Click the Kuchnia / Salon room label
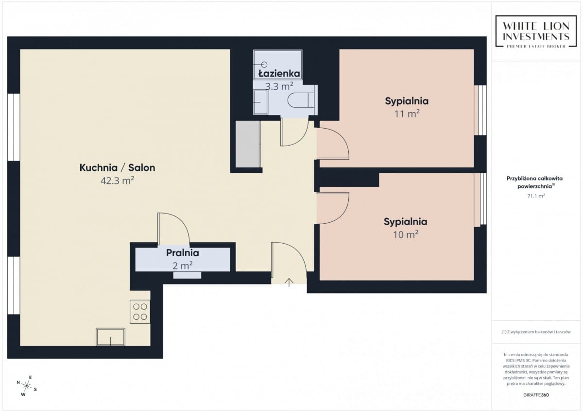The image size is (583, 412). point(117,167)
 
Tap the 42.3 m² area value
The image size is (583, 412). point(117,181)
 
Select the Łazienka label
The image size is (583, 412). point(279,74)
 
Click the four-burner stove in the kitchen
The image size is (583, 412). point(140,312)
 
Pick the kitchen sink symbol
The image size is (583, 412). point(110,337)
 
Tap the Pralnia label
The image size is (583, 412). point(183,253)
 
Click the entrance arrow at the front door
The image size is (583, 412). point(289,282)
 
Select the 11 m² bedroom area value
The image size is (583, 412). point(407,114)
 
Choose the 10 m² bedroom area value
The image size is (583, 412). point(406,235)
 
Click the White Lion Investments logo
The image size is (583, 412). point(536,32)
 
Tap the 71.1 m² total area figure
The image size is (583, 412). point(536,196)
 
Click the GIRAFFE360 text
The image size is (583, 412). point(536,395)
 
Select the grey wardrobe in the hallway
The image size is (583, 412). point(247,144)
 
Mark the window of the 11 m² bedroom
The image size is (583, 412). point(480,110)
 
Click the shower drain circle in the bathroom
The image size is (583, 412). point(264,64)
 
